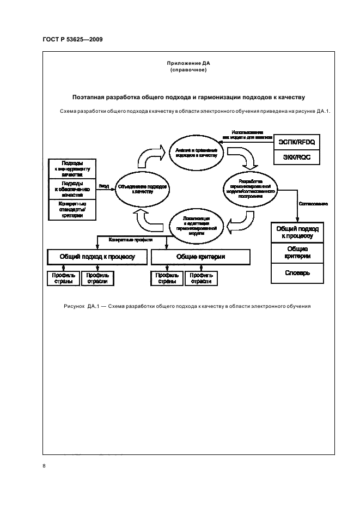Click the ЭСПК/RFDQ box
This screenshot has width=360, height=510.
click(x=297, y=142)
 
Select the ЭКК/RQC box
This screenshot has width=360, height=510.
click(x=297, y=157)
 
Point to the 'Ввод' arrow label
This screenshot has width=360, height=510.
click(x=103, y=186)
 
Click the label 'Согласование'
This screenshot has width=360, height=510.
click(x=313, y=204)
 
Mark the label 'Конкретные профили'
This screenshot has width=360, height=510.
click(x=130, y=240)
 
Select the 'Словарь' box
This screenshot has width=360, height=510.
click(x=297, y=272)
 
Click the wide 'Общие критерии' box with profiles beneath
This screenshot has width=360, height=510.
click(x=200, y=256)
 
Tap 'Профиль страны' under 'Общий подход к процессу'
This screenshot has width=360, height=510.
click(x=63, y=278)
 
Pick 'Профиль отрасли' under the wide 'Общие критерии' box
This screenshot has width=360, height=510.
click(x=200, y=278)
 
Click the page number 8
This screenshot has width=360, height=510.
click(x=44, y=466)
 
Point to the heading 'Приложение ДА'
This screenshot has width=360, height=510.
click(x=188, y=64)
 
